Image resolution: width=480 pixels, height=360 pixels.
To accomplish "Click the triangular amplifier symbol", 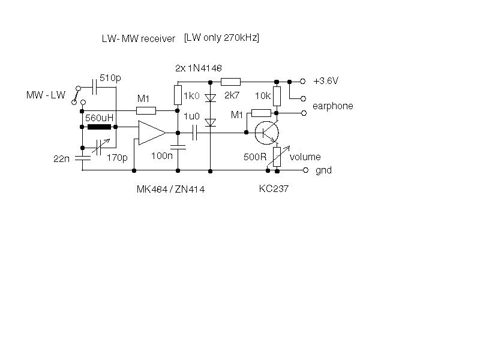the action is click(152, 133).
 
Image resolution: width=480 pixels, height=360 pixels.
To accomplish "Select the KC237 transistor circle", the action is click(266, 133).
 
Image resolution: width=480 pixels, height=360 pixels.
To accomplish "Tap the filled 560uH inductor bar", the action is click(99, 127).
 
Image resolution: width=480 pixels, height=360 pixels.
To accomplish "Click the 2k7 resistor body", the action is click(230, 82).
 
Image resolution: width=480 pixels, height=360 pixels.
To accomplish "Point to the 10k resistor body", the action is click(277, 96).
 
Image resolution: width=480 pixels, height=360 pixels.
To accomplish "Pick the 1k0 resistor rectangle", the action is click(178, 95).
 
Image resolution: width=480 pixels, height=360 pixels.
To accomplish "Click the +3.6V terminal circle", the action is click(303, 82).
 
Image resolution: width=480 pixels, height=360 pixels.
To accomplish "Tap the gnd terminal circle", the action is click(305, 170).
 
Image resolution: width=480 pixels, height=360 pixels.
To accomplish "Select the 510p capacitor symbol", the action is click(95, 87).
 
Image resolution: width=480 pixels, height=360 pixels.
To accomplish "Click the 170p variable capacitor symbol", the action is click(100, 147).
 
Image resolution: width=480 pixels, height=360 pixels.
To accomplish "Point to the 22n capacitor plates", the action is click(83, 158).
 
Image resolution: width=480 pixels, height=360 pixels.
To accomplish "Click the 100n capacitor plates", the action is click(178, 147).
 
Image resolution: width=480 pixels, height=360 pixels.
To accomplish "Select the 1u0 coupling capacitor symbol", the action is click(194, 133).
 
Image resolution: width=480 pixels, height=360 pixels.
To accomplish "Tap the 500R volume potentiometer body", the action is click(277, 157).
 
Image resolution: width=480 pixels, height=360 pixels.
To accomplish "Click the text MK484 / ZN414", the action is click(170, 189).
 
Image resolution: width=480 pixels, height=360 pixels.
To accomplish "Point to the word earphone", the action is click(333, 106).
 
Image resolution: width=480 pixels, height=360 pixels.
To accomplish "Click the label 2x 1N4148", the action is click(199, 68).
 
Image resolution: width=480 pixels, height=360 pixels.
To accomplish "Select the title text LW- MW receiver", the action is click(139, 38).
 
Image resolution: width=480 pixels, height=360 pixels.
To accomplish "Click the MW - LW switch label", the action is click(46, 95).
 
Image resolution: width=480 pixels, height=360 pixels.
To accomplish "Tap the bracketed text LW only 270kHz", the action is click(221, 38).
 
